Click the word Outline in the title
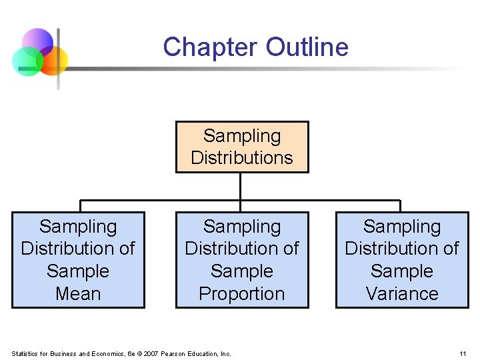[x=307, y=47]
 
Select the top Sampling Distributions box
[x=242, y=147]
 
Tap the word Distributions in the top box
[x=242, y=158]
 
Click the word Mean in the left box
[x=78, y=293]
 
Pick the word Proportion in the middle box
[x=242, y=293]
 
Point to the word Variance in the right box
[x=402, y=293]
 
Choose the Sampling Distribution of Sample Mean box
[x=78, y=260]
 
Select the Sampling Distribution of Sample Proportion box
[x=242, y=260]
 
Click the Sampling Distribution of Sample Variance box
[x=402, y=260]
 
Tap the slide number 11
[x=463, y=353]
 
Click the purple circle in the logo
[x=38, y=43]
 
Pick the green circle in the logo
[x=28, y=62]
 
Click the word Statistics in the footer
[x=27, y=353]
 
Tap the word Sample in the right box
[x=402, y=271]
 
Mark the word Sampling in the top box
[x=242, y=135]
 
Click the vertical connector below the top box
[x=241, y=187]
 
